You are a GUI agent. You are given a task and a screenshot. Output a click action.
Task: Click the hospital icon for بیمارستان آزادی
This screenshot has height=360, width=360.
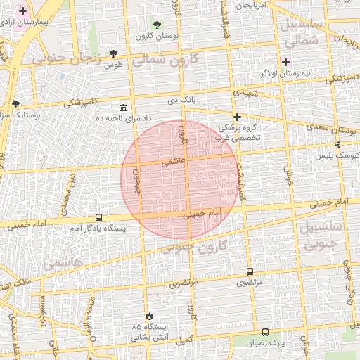click(x=23, y=11)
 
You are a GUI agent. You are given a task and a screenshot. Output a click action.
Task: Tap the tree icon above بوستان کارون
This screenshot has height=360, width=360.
click(x=157, y=25)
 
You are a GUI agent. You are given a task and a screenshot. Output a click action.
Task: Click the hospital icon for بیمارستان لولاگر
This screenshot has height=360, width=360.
click(x=285, y=62)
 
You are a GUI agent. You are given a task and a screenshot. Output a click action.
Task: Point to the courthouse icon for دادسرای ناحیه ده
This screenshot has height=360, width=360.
click(x=124, y=107)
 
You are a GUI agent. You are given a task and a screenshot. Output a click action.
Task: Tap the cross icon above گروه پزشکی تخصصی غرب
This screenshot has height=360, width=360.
click(x=238, y=117)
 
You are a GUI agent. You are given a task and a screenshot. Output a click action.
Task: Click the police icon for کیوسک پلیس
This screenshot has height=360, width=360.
click(x=337, y=144)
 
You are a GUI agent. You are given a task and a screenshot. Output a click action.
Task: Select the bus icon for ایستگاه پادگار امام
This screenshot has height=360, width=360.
click(x=98, y=218)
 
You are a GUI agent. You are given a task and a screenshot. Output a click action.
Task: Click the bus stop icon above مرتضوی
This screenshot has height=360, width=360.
click(x=250, y=271)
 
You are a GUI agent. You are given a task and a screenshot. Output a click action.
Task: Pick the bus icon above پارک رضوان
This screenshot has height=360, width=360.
click(x=265, y=332)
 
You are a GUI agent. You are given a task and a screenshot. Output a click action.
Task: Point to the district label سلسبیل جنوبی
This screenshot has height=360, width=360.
click(x=321, y=235)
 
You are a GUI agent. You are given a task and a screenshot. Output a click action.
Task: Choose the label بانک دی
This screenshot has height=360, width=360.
click(x=180, y=100)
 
